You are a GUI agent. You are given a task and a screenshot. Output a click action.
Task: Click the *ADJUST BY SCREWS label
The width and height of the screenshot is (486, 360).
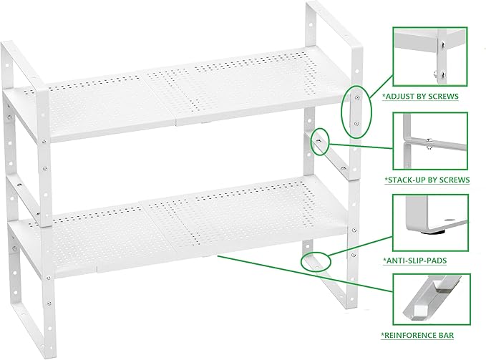(420, 95)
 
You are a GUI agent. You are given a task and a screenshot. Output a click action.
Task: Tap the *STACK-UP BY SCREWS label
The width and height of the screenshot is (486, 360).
(427, 179)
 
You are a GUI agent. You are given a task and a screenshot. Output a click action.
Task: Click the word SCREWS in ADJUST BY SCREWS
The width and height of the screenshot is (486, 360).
(442, 95)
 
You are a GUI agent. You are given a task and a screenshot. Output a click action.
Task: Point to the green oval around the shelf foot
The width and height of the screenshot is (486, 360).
(316, 259)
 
